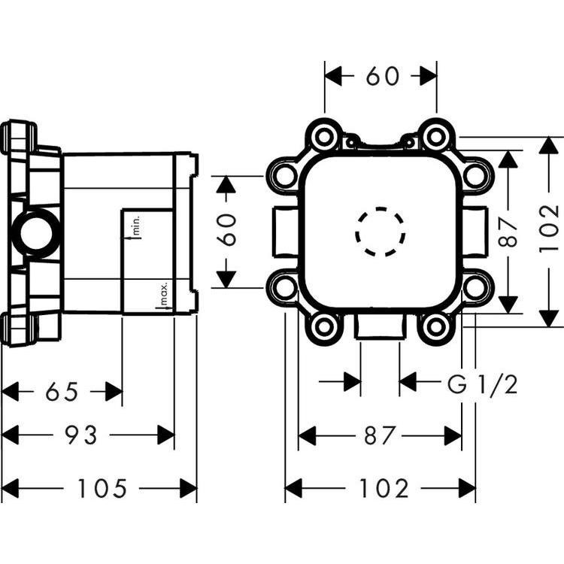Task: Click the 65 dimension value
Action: tap(62, 392)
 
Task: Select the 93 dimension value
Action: tap(81, 435)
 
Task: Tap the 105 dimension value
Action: tap(102, 489)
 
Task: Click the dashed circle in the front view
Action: tap(380, 231)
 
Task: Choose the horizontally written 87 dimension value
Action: tap(380, 435)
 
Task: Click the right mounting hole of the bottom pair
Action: tap(435, 326)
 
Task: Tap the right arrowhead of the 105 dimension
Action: tap(188, 489)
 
